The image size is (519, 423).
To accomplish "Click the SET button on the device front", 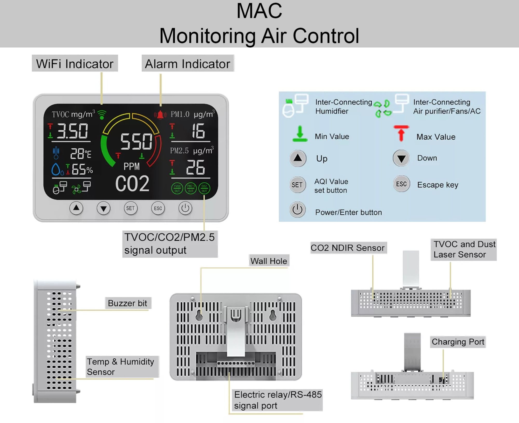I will (x=131, y=208).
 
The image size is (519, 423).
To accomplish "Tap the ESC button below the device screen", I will (x=158, y=208).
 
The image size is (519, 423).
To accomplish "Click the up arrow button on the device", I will (x=76, y=208).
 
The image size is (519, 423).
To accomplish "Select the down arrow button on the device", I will (x=104, y=208).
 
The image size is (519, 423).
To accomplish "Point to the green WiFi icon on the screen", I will (x=102, y=115).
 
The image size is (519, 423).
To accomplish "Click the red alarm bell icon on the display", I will (x=160, y=115).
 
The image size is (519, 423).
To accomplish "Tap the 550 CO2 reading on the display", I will (x=136, y=142).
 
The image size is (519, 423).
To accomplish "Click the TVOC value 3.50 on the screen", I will (x=72, y=131).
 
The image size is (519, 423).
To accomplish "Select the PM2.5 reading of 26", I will (x=195, y=167).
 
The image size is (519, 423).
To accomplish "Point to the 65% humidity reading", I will (x=82, y=169).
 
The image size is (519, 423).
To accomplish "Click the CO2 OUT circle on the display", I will (x=204, y=188).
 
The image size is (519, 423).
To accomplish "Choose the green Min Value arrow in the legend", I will (x=300, y=134).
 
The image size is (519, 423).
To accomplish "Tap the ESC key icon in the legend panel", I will (x=401, y=184).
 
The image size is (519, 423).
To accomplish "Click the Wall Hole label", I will (x=269, y=261).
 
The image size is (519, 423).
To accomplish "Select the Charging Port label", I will (x=458, y=342).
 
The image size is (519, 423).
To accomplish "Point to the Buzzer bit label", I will (x=127, y=303).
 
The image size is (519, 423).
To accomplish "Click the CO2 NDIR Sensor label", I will (x=347, y=248).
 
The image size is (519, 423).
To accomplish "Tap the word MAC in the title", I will (x=259, y=11).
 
